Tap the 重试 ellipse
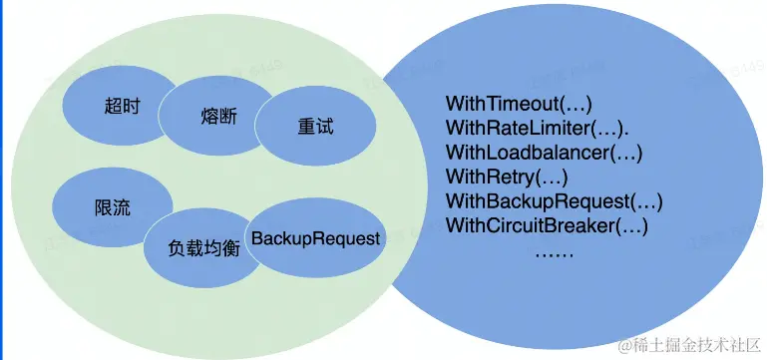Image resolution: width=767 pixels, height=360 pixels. tap(314, 129)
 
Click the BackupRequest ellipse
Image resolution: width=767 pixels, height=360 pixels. tap(316, 239)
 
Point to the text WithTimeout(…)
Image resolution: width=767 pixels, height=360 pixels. tap(519, 104)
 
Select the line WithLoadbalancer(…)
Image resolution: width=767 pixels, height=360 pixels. tap(544, 153)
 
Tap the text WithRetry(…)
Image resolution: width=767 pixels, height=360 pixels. tap(506, 178)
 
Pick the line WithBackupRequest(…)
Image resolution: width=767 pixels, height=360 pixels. tap(554, 201)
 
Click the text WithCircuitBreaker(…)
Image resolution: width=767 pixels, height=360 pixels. tap(547, 226)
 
